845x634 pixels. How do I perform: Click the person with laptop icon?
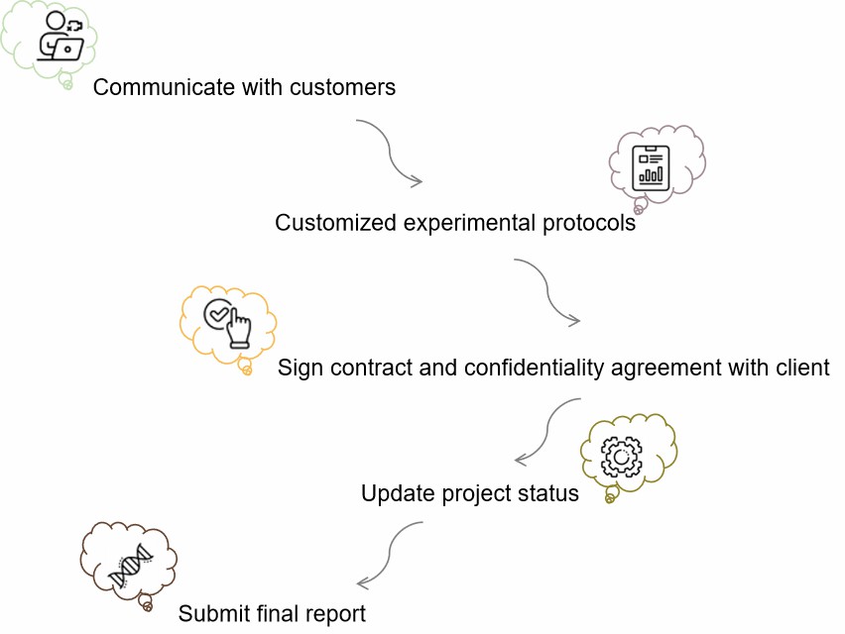click(60, 36)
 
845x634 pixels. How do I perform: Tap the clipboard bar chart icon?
click(651, 168)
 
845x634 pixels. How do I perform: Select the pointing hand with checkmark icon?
click(227, 323)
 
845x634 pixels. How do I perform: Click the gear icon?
click(622, 457)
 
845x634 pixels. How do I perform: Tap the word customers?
click(343, 87)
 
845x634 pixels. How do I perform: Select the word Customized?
click(336, 223)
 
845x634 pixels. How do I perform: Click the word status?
click(548, 493)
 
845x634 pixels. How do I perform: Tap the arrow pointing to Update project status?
click(547, 431)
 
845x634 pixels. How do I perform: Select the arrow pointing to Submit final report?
click(389, 555)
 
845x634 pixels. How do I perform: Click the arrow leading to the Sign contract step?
click(547, 291)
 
